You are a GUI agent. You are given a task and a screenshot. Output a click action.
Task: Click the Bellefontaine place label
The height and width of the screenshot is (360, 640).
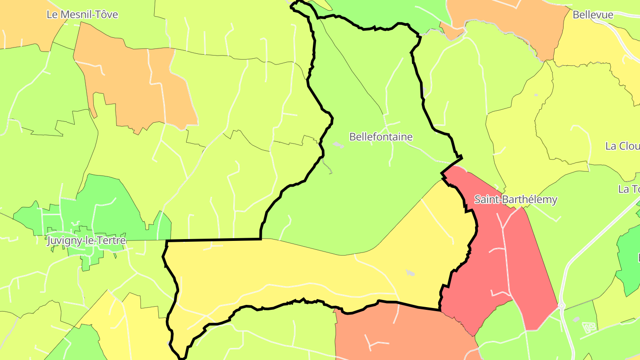(381, 137)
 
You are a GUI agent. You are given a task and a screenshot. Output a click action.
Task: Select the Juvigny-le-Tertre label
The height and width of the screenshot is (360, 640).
(86, 240)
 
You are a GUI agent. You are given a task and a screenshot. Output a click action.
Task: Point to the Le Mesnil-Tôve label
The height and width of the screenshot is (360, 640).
(82, 15)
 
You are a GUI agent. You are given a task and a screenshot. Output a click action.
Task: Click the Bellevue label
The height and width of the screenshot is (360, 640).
(593, 15)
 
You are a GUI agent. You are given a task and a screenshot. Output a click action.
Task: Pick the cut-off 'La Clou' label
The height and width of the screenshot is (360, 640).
(622, 146)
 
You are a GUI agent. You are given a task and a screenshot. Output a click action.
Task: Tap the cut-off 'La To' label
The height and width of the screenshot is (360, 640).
(628, 189)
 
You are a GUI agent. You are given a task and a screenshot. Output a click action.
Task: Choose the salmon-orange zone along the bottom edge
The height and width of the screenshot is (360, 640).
(400, 333)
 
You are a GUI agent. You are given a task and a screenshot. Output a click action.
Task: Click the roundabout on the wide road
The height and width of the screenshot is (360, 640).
(561, 306)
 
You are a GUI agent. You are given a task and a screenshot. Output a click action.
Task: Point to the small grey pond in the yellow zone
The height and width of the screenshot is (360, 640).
(410, 272)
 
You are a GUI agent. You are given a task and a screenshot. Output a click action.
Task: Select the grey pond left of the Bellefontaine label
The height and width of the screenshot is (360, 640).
(338, 144)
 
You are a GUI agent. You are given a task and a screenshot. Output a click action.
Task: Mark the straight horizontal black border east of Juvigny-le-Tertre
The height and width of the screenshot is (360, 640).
(213, 240)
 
